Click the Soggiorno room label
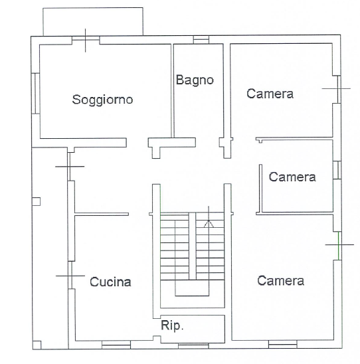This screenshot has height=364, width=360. (102, 100)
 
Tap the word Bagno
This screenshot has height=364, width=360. (195, 80)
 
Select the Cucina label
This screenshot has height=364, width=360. (110, 282)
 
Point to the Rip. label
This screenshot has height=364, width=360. (172, 325)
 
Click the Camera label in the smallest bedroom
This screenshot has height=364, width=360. (292, 177)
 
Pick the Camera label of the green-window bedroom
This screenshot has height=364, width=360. (280, 281)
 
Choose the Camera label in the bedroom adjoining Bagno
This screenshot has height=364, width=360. (270, 94)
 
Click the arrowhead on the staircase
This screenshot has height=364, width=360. (209, 224)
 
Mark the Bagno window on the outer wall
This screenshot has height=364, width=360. (201, 40)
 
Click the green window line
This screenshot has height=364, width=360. (339, 246)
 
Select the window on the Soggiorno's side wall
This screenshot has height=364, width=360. (35, 93)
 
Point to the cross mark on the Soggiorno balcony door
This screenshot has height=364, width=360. (86, 41)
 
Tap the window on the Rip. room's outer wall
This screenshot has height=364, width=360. (193, 346)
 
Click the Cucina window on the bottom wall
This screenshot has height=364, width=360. (116, 345)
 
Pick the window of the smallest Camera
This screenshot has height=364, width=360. (337, 170)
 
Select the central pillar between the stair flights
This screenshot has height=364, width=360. (192, 246)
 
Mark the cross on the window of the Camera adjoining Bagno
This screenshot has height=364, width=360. (339, 88)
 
